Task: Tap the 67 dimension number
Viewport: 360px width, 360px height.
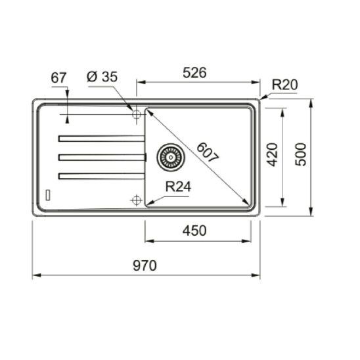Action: (x=59, y=77)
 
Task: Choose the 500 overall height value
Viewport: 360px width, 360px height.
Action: (x=301, y=155)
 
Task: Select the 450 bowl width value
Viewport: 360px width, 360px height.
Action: (x=195, y=231)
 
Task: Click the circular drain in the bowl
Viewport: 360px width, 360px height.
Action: (x=169, y=156)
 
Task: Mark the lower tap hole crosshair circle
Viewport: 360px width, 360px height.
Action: (x=137, y=200)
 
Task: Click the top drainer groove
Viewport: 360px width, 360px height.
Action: (x=101, y=138)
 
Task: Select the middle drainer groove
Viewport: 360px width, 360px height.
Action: (x=101, y=156)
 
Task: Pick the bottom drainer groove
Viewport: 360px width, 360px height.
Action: (x=101, y=175)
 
